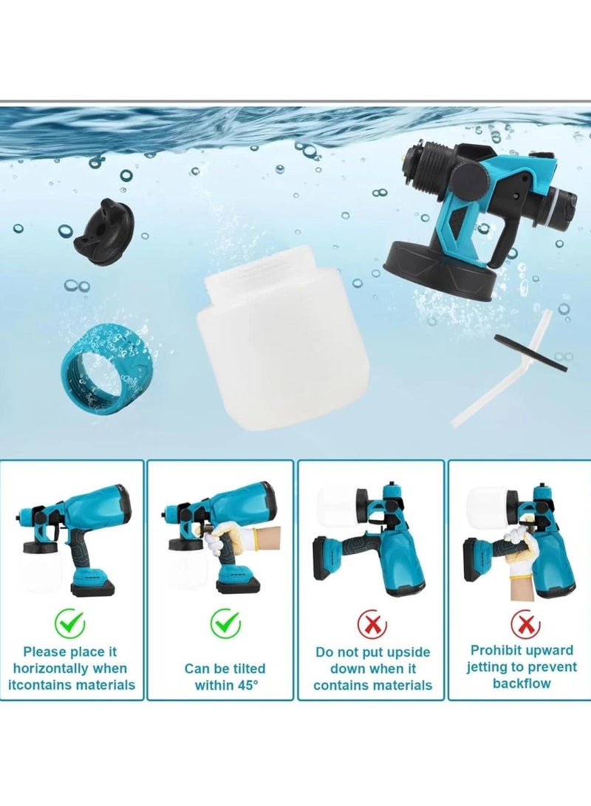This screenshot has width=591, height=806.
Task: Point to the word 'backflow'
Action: point(522,683)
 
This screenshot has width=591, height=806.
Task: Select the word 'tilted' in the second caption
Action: point(245,669)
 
